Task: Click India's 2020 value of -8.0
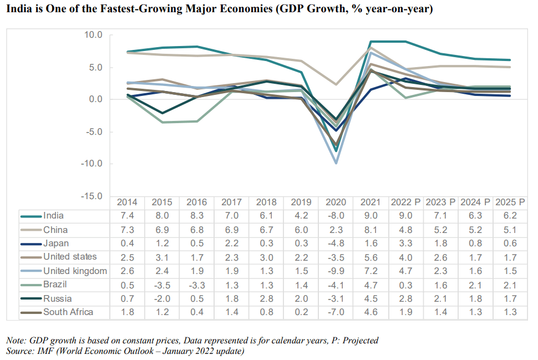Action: coord(336,216)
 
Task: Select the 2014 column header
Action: coord(128,202)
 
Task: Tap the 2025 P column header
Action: coord(510,202)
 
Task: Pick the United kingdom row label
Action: coord(75,271)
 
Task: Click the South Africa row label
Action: coord(68,312)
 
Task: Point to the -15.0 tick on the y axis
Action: coord(93,196)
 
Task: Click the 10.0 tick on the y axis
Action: coord(94,35)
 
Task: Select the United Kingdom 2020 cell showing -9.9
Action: coord(336,271)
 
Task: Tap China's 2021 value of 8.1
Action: coord(370,230)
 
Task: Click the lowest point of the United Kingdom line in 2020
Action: coord(336,163)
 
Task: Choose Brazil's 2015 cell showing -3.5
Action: coord(162,285)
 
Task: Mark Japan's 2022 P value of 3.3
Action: coord(407,244)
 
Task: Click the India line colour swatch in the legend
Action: coord(31,216)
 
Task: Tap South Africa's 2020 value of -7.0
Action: coord(336,312)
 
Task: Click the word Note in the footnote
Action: coord(16,341)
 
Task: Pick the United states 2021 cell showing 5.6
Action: coord(370,257)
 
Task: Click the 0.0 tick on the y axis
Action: coord(95,99)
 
